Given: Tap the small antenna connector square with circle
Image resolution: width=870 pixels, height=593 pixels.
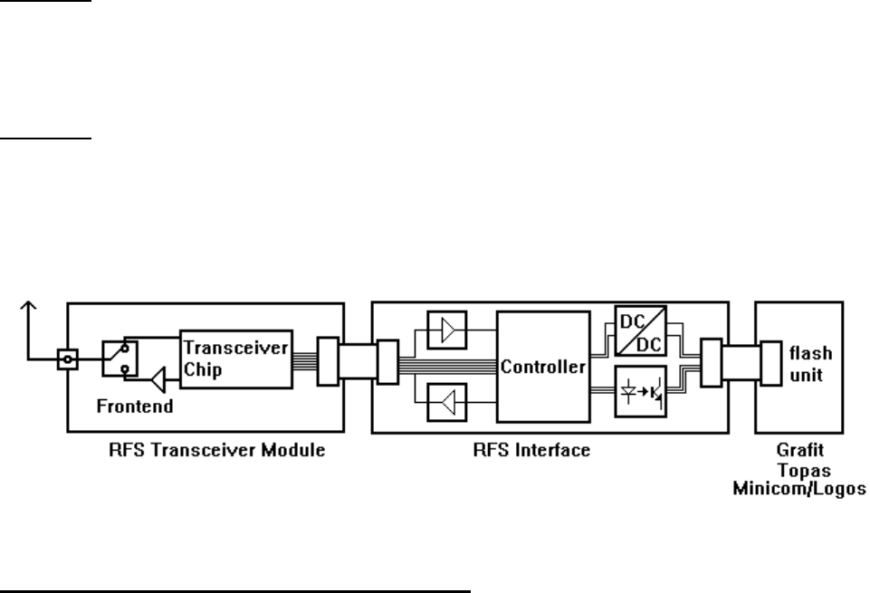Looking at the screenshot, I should pyautogui.click(x=66, y=359).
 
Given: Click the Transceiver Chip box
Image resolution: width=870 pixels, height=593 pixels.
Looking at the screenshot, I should pyautogui.click(x=234, y=359).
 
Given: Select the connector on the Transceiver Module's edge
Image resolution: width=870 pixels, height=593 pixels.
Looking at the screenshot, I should pyautogui.click(x=328, y=358).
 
